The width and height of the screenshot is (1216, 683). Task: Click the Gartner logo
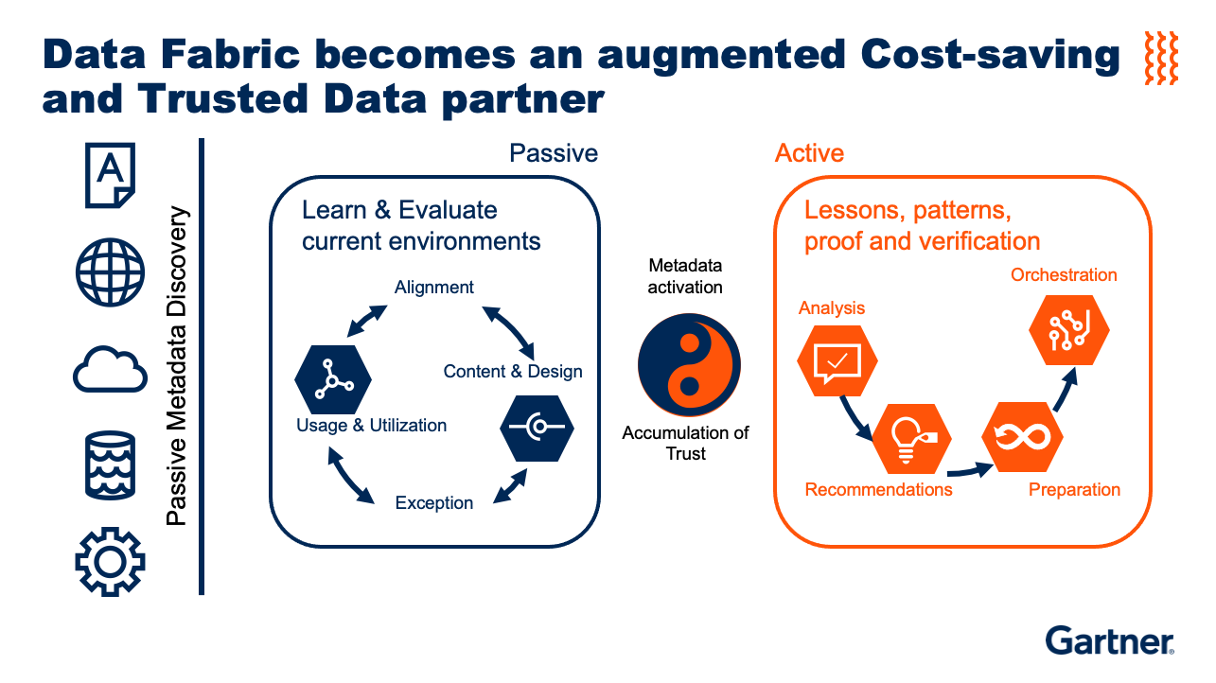click(1109, 640)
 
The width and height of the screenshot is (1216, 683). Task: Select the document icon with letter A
click(110, 175)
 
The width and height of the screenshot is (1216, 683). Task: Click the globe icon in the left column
click(110, 271)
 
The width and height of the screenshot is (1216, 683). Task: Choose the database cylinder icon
click(110, 464)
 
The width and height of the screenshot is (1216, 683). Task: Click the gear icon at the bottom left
click(110, 561)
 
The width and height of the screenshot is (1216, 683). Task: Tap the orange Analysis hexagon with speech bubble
click(837, 361)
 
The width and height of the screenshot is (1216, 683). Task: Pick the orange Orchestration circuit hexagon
click(1069, 329)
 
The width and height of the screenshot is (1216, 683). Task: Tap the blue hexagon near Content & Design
click(538, 429)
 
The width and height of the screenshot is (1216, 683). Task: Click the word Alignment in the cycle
click(434, 288)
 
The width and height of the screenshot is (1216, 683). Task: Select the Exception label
click(434, 502)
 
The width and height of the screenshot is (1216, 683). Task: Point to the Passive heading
click(554, 153)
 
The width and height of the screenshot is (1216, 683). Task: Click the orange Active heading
click(809, 153)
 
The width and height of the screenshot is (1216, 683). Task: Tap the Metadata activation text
click(685, 276)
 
